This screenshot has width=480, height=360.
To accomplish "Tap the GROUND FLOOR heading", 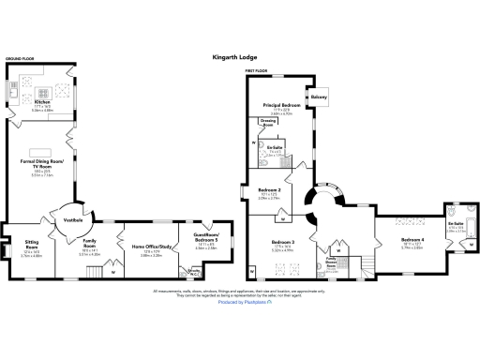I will point(21,59).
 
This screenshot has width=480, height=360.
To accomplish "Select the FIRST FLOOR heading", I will point(257,71).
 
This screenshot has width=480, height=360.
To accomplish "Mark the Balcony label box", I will point(319,95).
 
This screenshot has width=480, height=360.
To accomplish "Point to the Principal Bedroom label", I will point(281,106).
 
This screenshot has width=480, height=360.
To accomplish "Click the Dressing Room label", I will point(266,124).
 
